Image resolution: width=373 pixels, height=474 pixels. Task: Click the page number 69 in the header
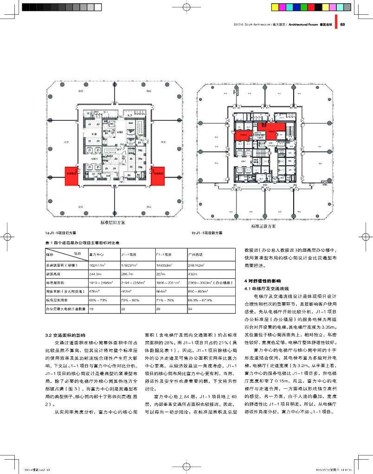[342, 25]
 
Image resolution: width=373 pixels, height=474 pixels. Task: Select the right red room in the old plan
[158, 176]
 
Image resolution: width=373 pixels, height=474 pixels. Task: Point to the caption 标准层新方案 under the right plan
[263, 226]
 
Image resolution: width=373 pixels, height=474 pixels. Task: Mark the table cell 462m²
[127, 291]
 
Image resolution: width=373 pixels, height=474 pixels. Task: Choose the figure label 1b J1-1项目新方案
[207, 233]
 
